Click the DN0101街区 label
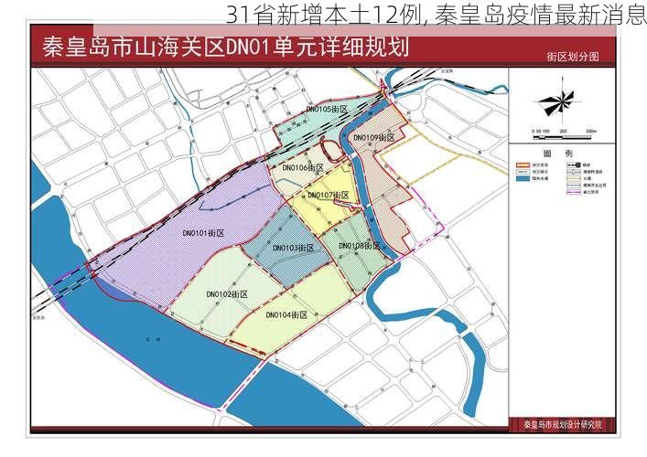click(x=203, y=234)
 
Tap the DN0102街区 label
click(x=228, y=294)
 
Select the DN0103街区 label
click(x=293, y=248)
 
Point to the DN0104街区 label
click(x=286, y=315)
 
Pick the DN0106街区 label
click(x=303, y=168)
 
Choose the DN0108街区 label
click(x=360, y=246)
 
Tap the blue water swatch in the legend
click(x=523, y=179)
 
